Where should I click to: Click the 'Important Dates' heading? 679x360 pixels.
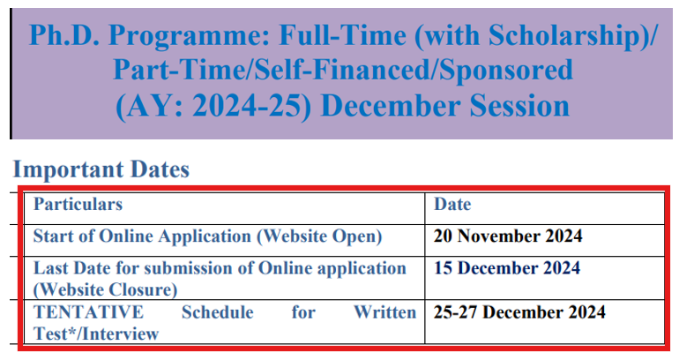pyautogui.click(x=101, y=169)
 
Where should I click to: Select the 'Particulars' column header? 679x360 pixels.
pyautogui.click(x=78, y=205)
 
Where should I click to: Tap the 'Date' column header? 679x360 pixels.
pyautogui.click(x=452, y=205)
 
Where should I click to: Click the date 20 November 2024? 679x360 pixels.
pyautogui.click(x=508, y=236)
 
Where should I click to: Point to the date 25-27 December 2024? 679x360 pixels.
pyautogui.click(x=519, y=312)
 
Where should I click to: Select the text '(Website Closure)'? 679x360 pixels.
pyautogui.click(x=105, y=289)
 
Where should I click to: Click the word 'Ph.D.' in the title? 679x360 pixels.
pyautogui.click(x=63, y=34)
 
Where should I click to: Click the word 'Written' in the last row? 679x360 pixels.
pyautogui.click(x=384, y=312)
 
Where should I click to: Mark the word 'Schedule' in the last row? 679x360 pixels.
pyautogui.click(x=217, y=312)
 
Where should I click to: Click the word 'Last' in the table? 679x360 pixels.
pyautogui.click(x=51, y=268)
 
